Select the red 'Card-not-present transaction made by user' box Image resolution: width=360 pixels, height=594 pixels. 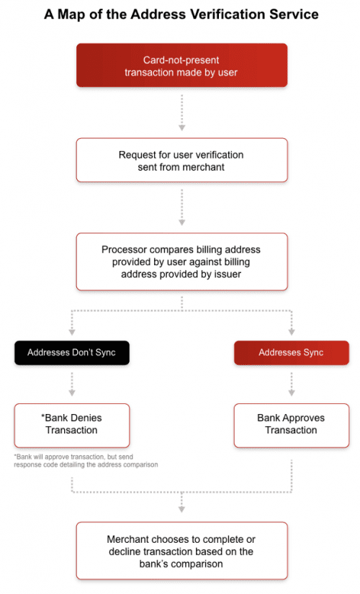coord(181,66)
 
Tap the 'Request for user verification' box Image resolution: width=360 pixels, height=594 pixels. coord(181,160)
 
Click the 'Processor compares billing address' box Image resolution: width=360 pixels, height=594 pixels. coord(181,261)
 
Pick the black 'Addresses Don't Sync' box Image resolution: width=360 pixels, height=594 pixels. coord(72,353)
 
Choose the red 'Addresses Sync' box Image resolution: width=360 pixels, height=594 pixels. coord(292,353)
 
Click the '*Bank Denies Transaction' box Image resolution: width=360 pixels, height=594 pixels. coord(72,424)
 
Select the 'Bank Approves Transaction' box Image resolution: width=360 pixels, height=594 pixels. coord(291,424)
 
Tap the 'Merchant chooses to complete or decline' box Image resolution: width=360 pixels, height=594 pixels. coord(181,551)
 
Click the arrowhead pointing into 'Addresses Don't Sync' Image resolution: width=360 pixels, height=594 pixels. coord(72,333)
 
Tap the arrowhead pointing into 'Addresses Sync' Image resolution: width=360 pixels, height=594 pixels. coord(292,333)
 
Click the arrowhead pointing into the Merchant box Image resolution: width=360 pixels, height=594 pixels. coord(182,509)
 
